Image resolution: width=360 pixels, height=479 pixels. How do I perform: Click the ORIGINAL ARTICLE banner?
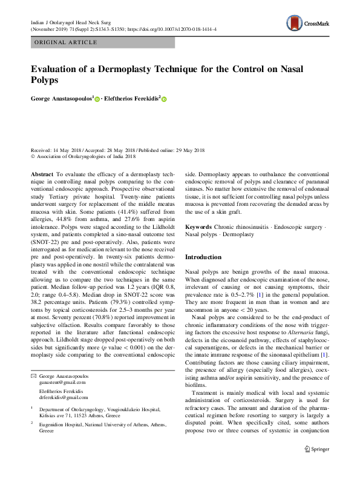pos(67,42)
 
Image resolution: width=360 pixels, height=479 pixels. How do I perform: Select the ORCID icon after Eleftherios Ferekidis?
pos(163,99)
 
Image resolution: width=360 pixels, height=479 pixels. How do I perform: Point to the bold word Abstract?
pos(42,173)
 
